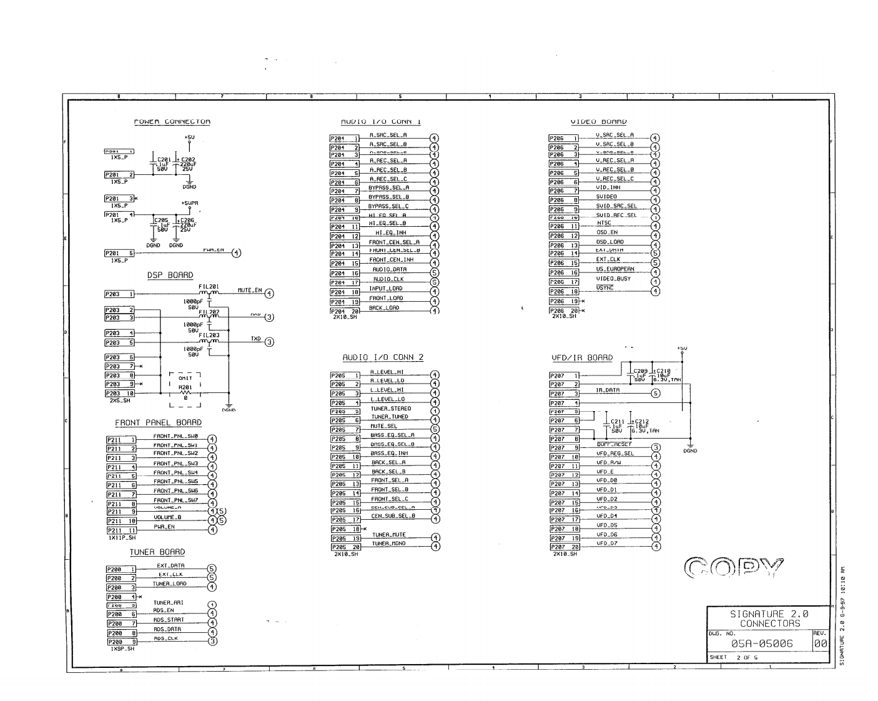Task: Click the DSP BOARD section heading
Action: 170,276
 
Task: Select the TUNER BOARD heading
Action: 157,552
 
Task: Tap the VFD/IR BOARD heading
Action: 581,358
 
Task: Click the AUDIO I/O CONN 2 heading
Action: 382,357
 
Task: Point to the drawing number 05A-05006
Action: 761,644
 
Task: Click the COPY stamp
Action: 734,568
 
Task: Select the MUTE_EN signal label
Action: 250,290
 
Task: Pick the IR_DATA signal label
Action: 608,390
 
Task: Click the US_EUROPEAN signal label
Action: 614,269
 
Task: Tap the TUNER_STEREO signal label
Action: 390,409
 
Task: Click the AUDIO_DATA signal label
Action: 389,270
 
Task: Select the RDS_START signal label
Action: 168,620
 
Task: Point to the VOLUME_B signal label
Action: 167,517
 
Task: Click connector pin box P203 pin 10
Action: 120,394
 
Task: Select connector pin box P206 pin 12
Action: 564,236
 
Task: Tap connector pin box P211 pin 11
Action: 121,530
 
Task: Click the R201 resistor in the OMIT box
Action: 185,388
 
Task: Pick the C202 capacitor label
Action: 187,160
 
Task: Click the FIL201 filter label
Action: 209,286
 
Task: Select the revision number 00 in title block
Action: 821,644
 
